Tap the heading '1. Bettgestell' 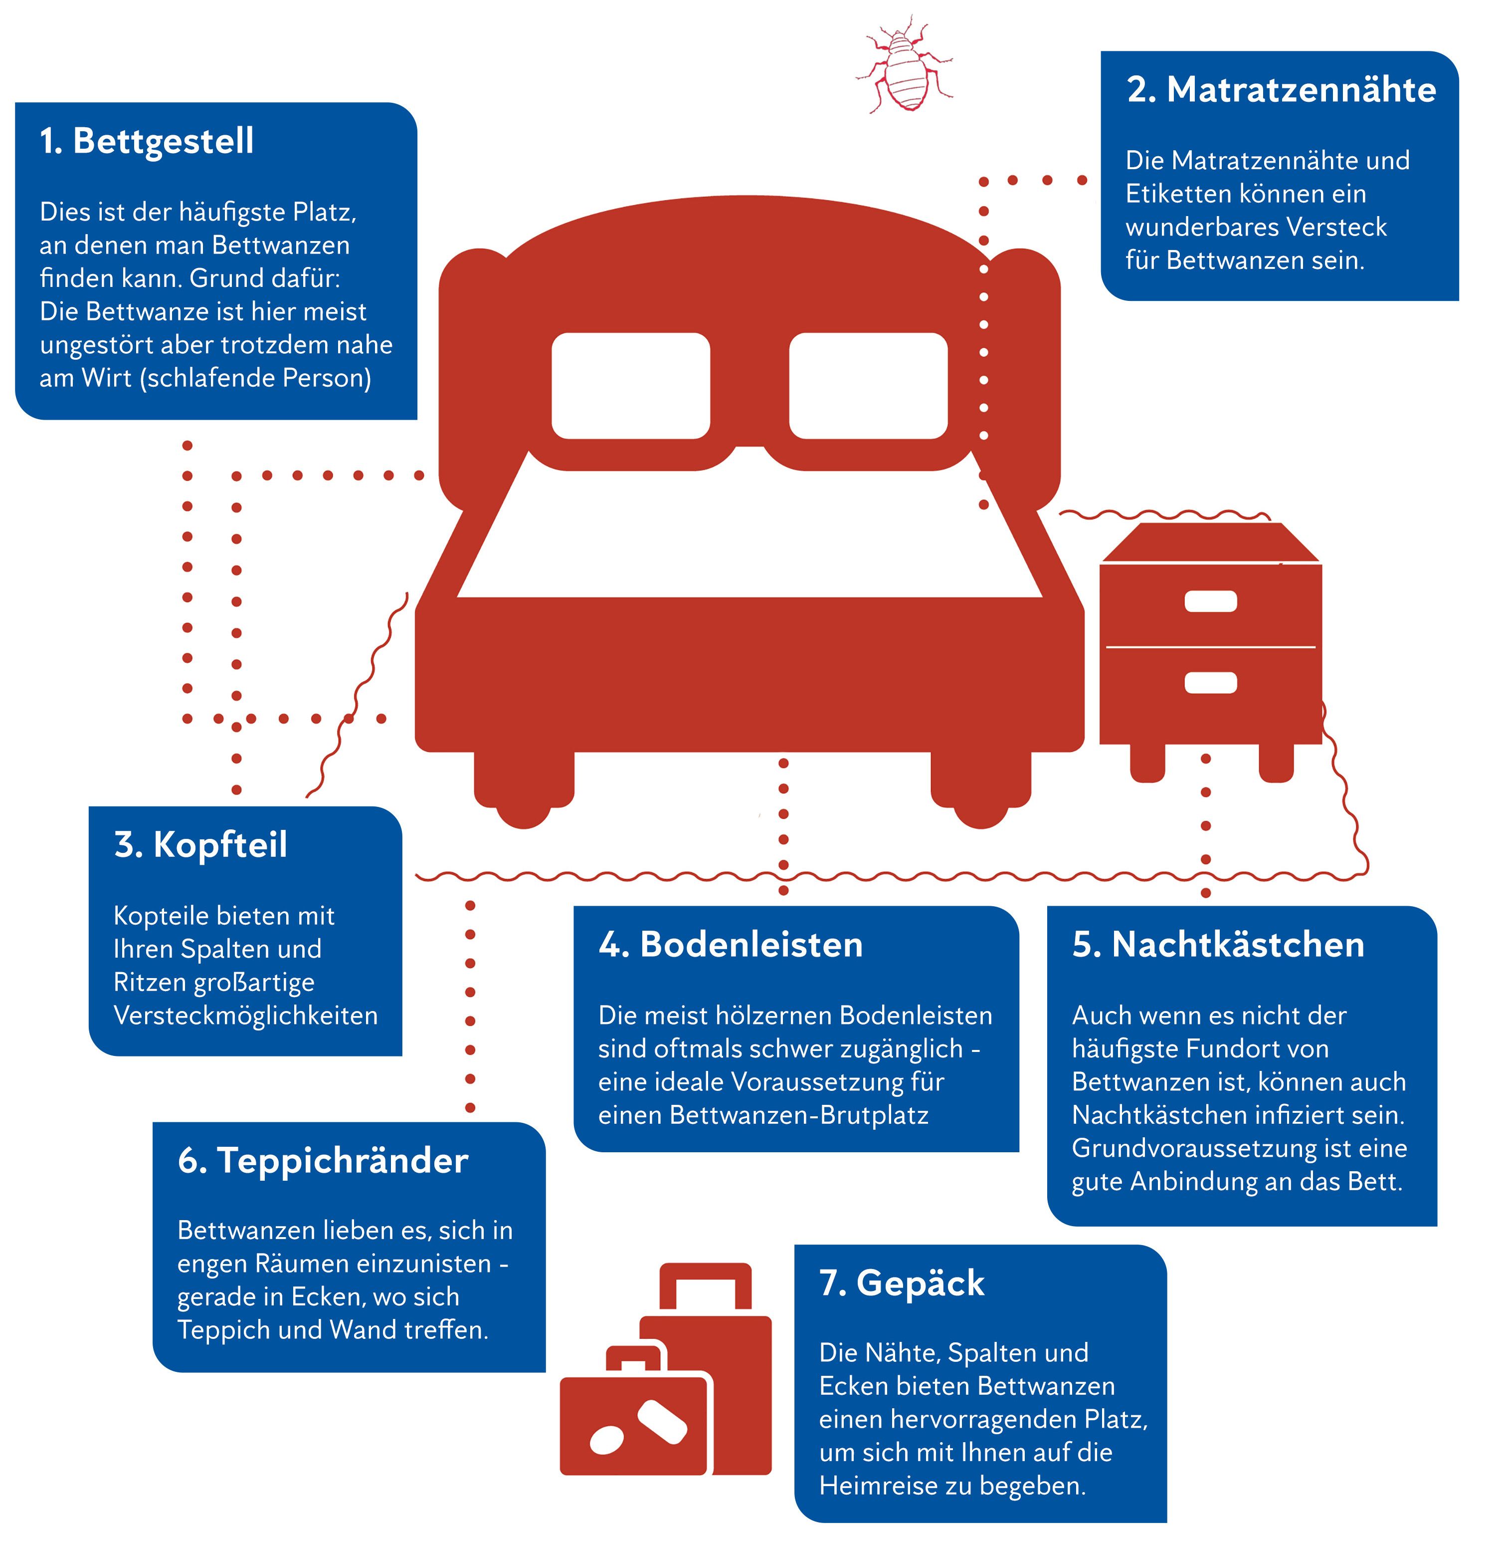pyautogui.click(x=147, y=142)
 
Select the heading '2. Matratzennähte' pyautogui.click(x=1281, y=90)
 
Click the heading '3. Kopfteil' pyautogui.click(x=201, y=844)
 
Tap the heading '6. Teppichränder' pyautogui.click(x=323, y=1160)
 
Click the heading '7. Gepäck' pyautogui.click(x=902, y=1283)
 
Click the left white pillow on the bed pyautogui.click(x=631, y=385)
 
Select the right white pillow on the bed pyautogui.click(x=868, y=385)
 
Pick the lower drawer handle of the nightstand pyautogui.click(x=1210, y=682)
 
